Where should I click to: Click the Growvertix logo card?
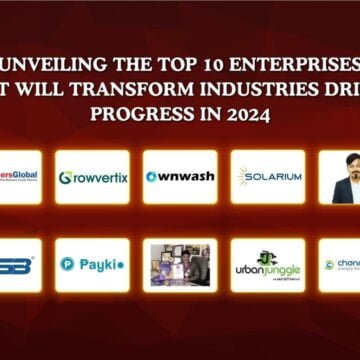point(92,177)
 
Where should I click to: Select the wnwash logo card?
point(180,177)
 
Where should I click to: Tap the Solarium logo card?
point(268,177)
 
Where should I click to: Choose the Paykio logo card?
point(92,265)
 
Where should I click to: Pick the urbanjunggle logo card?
point(268,265)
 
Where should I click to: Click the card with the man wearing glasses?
point(340,177)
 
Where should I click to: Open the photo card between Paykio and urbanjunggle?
point(180,265)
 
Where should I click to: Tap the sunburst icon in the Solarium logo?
point(245,177)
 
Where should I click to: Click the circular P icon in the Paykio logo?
point(67,265)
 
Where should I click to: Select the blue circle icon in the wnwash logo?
point(151,177)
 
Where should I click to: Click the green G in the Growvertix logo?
point(65,178)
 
